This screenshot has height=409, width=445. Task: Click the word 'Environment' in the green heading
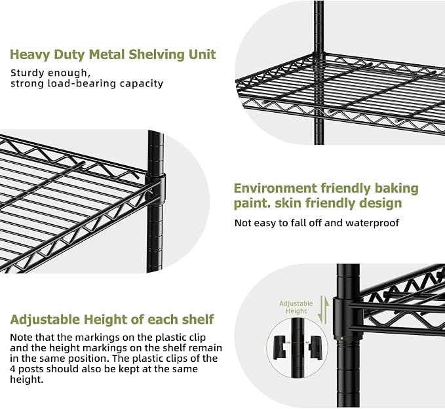point(275,188)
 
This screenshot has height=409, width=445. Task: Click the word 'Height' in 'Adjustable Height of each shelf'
point(104,320)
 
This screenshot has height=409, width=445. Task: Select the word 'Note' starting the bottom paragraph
point(21,337)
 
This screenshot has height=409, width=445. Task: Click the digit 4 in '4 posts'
point(12,369)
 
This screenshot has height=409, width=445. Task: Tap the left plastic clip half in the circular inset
point(280,347)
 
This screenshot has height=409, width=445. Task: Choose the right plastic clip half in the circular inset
point(315,347)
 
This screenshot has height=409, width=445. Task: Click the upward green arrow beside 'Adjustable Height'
point(326,310)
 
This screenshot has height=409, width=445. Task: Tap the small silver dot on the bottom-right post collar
point(341,338)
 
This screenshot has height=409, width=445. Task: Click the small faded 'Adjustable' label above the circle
point(296,303)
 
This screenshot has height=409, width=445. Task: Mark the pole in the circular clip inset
point(298,347)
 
